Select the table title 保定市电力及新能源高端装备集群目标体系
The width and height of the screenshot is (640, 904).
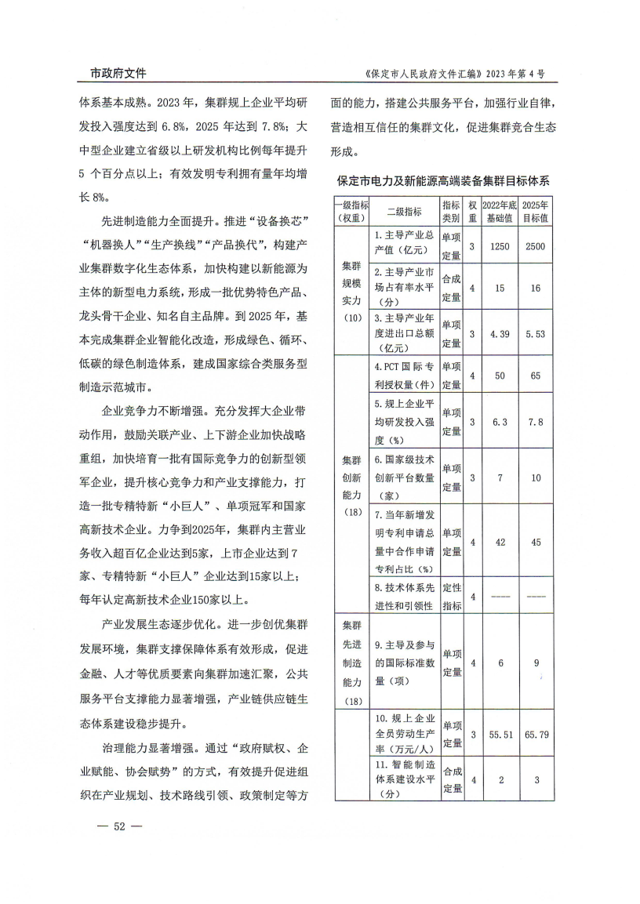coord(444,180)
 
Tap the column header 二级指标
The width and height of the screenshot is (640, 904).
coord(404,211)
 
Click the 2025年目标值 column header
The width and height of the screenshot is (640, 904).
coord(536,211)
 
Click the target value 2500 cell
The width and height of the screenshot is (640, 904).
coord(536,246)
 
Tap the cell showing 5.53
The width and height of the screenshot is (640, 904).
coord(536,333)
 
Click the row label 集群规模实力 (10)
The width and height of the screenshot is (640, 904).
coord(351,290)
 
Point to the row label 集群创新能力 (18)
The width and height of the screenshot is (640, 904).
coord(351,484)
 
